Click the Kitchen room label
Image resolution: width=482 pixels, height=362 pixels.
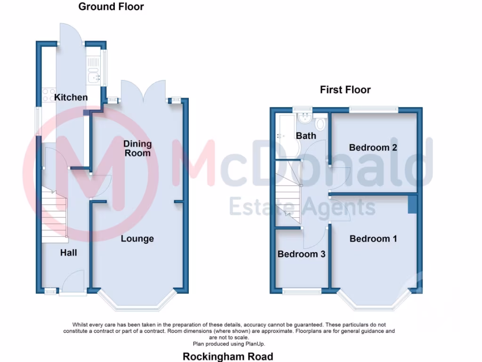[71, 98]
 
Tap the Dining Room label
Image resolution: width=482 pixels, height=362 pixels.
[137, 148]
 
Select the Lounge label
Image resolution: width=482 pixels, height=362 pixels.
[137, 239]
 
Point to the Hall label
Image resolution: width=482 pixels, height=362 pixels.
[68, 253]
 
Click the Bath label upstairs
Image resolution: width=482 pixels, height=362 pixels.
[306, 136]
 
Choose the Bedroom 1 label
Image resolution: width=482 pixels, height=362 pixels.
[373, 239]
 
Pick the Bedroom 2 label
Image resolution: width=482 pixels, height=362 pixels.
[373, 148]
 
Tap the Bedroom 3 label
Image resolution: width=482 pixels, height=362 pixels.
[301, 255]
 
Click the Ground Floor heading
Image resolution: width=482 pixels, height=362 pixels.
[111, 7]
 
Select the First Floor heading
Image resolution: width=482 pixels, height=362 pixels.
[345, 90]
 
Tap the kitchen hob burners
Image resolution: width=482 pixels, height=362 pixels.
[48, 96]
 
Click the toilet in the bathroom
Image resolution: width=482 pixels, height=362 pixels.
[321, 124]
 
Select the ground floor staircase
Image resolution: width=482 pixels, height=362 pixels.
[54, 214]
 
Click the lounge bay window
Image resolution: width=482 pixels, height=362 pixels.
[137, 307]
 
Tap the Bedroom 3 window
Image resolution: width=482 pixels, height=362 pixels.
[302, 291]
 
